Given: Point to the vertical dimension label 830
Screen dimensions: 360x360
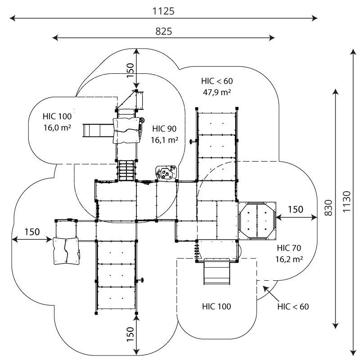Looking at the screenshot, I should pos(328,207).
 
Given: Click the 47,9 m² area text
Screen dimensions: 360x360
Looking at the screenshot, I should pos(217,92).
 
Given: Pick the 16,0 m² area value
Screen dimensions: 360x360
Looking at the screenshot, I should pos(58,127).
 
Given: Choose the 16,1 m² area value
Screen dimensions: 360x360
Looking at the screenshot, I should pos(165,140).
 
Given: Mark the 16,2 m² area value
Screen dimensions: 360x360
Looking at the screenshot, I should pos(288,259).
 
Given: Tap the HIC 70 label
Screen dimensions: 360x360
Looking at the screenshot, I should pos(289,247).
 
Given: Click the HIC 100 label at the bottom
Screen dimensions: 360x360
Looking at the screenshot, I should pos(216,307).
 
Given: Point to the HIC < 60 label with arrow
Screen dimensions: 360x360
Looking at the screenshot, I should pos(293,307).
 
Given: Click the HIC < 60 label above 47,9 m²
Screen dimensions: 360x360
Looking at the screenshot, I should pos(217,81).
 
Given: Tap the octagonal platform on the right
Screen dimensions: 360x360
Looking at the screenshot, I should pos(257,220).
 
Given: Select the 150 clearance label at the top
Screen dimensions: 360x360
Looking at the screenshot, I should pos(130,70).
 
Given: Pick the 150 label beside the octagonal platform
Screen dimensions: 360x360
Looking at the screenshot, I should pos(296,209).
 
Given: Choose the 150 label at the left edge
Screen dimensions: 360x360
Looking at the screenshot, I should pos(32,232).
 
